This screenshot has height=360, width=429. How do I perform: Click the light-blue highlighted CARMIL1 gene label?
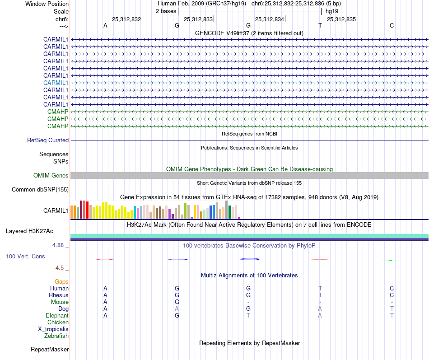[56, 83]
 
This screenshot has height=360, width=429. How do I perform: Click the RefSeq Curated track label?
[48, 140]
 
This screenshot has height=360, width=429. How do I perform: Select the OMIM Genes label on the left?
[51, 175]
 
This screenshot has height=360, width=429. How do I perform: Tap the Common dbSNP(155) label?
[40, 189]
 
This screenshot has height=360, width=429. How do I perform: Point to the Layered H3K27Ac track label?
[29, 231]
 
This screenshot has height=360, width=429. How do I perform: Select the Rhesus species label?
[59, 295]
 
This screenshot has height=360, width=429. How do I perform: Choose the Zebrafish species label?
[56, 336]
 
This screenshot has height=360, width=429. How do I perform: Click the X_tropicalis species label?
[53, 329]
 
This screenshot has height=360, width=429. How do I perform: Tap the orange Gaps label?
[61, 281]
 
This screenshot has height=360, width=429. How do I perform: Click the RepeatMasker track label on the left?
[50, 349]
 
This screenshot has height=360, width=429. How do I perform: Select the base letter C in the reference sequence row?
[392, 25]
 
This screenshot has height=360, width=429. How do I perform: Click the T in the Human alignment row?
[320, 288]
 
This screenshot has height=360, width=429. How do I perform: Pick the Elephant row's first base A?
[105, 315]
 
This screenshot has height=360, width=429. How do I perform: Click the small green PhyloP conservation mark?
[390, 260]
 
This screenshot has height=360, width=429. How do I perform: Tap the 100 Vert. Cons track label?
[25, 256]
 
